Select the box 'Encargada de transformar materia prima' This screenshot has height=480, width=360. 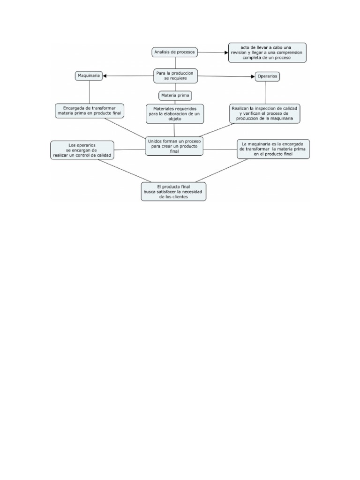(90, 111)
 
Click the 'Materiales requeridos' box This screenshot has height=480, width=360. (174, 113)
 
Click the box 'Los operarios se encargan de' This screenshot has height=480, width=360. (82, 150)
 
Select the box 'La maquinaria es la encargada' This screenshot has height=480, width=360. (273, 149)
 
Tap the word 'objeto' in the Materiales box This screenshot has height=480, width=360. (174, 120)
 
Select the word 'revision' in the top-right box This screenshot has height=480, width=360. (241, 52)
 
